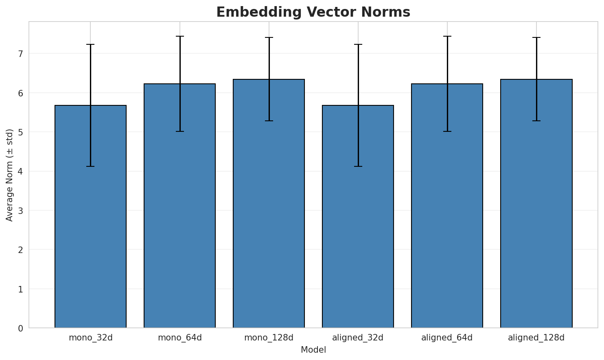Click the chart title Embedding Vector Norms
[313, 12]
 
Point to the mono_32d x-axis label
[90, 338]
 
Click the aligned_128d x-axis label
[536, 338]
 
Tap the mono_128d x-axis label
[269, 338]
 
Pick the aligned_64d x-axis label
[447, 338]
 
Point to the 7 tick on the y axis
[20, 54]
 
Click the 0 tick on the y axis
[20, 328]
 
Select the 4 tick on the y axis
[20, 171]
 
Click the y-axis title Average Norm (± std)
[10, 175]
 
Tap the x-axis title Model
[313, 350]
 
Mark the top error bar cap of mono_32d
[90, 44]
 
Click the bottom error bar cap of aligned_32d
[358, 166]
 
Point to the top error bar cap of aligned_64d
[447, 36]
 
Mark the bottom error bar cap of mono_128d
[269, 121]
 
